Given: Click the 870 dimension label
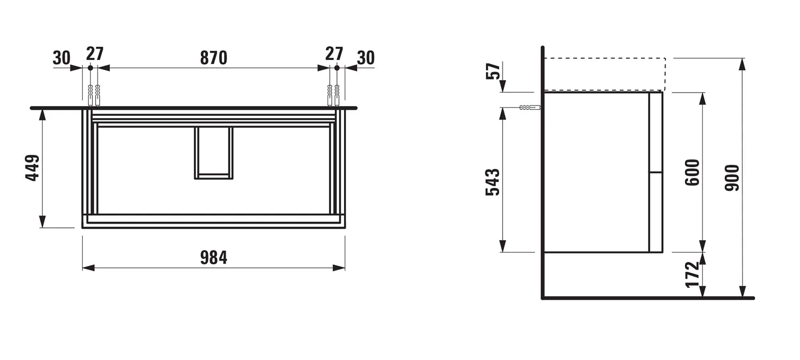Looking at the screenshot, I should (214, 58).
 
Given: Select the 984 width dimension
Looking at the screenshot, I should (214, 258).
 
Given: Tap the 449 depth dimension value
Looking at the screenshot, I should (33, 168).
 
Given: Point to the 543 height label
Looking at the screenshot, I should (493, 182).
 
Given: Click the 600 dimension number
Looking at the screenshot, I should (692, 172).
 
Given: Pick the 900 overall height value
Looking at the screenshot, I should (732, 178).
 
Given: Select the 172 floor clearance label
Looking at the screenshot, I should (692, 274).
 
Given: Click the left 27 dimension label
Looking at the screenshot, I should (95, 54).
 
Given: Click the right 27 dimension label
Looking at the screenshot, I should (334, 54).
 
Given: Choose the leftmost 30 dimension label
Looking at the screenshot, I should (62, 58).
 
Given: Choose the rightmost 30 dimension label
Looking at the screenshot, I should (366, 58).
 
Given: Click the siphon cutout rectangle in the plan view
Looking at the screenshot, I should (214, 153).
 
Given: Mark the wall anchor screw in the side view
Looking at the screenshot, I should (530, 108).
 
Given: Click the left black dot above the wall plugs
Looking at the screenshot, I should (90, 68).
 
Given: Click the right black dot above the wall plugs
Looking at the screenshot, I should (337, 68).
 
